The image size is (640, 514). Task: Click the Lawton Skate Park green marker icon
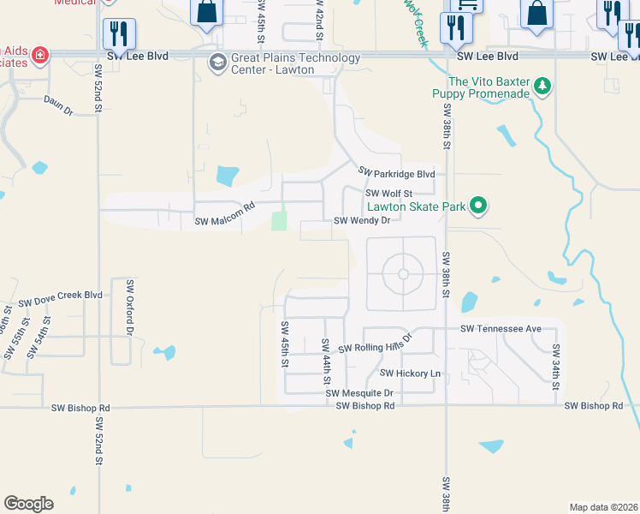[x=479, y=206]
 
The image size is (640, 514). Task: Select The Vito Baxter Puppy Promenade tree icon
[x=542, y=87]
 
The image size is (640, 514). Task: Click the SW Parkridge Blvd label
[x=397, y=174]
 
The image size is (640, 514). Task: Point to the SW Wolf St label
[x=389, y=194]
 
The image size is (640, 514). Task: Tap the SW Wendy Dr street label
[x=361, y=220]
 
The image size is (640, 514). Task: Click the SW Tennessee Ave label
[x=501, y=329]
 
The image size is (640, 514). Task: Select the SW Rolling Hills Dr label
[x=375, y=343]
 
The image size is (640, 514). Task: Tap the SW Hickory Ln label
[x=410, y=374]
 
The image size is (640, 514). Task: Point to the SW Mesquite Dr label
[x=359, y=393]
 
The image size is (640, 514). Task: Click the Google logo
[x=28, y=504]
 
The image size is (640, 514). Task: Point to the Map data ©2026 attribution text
[x=602, y=507]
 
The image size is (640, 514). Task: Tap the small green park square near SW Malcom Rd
[x=279, y=221]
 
